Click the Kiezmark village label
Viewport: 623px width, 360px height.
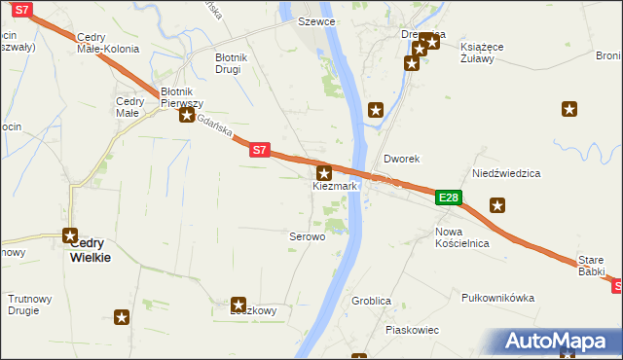click(x=336, y=185)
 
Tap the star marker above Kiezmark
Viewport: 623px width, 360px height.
click(x=324, y=172)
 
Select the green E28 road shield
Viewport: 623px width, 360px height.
click(x=448, y=198)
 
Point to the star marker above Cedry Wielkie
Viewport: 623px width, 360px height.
click(x=70, y=234)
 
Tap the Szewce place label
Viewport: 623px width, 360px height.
click(x=317, y=20)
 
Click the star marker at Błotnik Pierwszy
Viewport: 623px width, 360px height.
click(x=186, y=115)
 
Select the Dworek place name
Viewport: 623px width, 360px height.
click(x=401, y=158)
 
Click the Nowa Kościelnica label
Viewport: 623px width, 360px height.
click(x=462, y=237)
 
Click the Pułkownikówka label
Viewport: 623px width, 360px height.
click(x=498, y=298)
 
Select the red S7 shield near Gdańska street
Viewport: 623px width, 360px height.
click(x=258, y=151)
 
